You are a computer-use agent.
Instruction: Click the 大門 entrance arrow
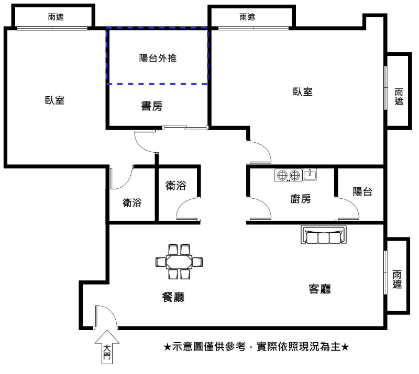coord(107,347)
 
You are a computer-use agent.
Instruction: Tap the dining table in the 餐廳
coord(179,262)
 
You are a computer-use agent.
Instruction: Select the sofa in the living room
coord(324,235)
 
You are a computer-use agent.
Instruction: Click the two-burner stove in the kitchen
coord(289,175)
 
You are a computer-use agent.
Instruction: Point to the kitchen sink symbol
coord(310,175)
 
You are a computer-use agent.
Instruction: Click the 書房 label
coord(152,106)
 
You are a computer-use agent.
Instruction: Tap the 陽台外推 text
coord(158,58)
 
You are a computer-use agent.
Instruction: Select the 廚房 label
coord(301,199)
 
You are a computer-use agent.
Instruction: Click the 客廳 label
coord(319,289)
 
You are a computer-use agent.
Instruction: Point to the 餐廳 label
coord(173,297)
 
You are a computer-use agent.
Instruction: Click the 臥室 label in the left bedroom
coord(55,100)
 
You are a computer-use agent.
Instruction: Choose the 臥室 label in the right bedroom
coord(303,92)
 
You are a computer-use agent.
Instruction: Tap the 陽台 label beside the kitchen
coord(362,191)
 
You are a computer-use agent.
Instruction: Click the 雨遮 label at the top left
coord(56,17)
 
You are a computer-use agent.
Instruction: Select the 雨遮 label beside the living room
coord(397,279)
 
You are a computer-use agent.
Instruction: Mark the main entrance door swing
coord(106,316)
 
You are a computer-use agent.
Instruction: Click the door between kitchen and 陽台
coord(347,209)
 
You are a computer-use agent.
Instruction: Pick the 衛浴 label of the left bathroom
coord(132,202)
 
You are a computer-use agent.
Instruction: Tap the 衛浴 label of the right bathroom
coord(175,186)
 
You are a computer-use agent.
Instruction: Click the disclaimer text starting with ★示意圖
coord(256,347)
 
